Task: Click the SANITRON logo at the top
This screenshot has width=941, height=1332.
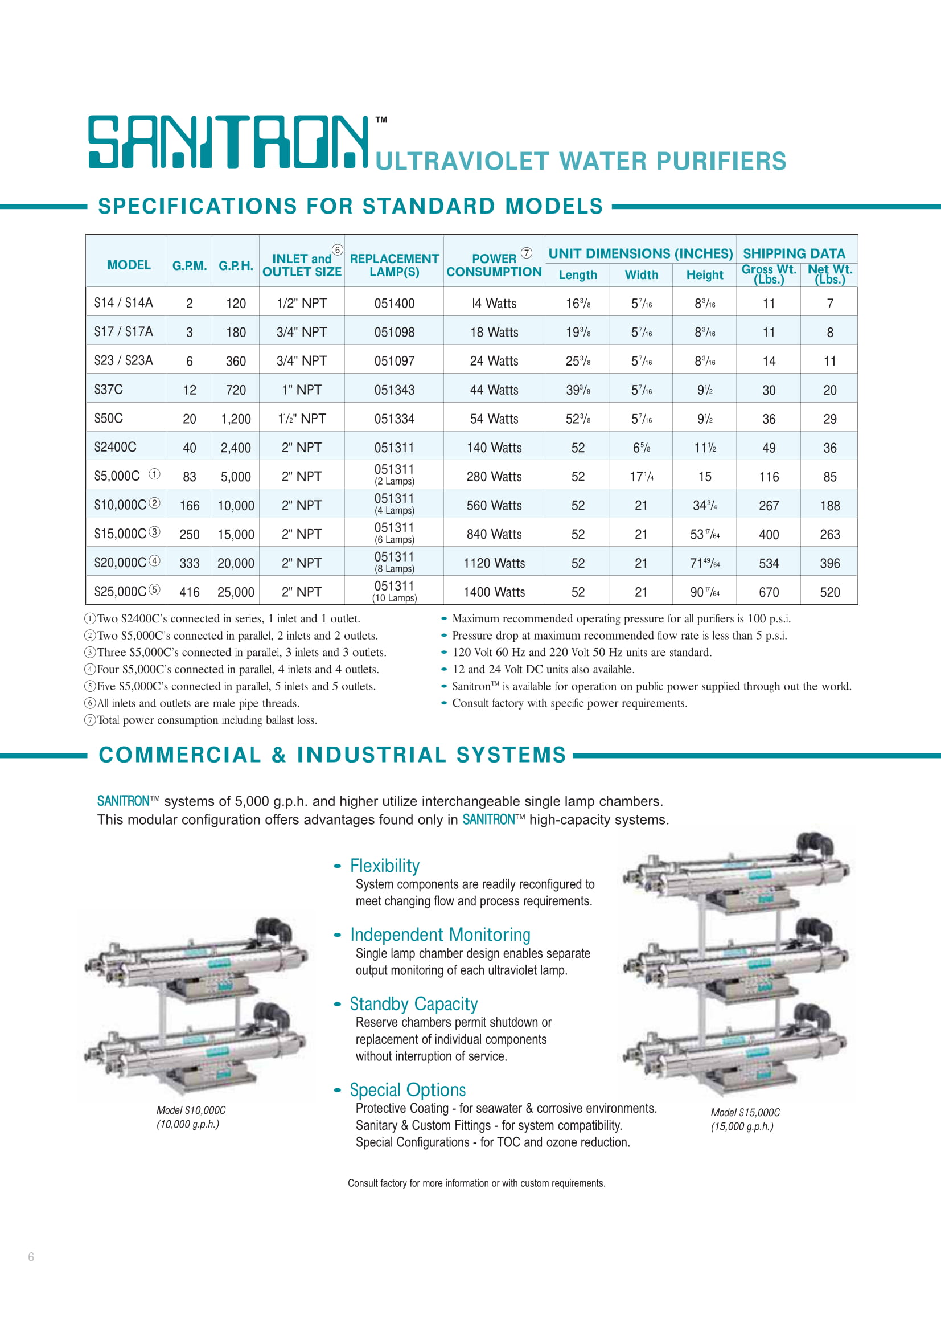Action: [x=228, y=142]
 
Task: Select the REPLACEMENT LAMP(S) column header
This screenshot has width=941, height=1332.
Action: [x=395, y=265]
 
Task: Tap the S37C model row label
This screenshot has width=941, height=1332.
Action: [x=108, y=390]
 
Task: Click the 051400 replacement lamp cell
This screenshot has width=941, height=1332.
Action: [x=395, y=304]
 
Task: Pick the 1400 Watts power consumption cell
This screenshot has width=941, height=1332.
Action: [x=494, y=592]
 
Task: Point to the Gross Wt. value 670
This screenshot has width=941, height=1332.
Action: [x=769, y=592]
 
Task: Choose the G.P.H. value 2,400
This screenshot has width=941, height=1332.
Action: [x=236, y=448]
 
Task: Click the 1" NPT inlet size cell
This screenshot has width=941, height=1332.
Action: [x=302, y=390]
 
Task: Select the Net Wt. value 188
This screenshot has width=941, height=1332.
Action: [x=829, y=506]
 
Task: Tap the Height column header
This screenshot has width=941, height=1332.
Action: [x=704, y=275]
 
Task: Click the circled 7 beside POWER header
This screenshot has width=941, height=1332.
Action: [x=527, y=253]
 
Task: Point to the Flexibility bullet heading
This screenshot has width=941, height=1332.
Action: [x=384, y=866]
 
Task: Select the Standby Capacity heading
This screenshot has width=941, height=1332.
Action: [x=413, y=1004]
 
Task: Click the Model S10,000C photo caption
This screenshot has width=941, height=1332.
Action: [x=191, y=1117]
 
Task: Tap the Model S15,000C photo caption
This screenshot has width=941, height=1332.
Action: [x=745, y=1120]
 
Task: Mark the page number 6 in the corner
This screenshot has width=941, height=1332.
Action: [x=31, y=1257]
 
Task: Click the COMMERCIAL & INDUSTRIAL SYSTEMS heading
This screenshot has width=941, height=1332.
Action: [x=332, y=755]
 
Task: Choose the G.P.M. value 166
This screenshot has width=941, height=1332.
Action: [x=190, y=506]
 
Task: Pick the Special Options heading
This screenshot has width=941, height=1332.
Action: [x=408, y=1090]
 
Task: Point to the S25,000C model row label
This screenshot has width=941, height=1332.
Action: [x=121, y=592]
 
